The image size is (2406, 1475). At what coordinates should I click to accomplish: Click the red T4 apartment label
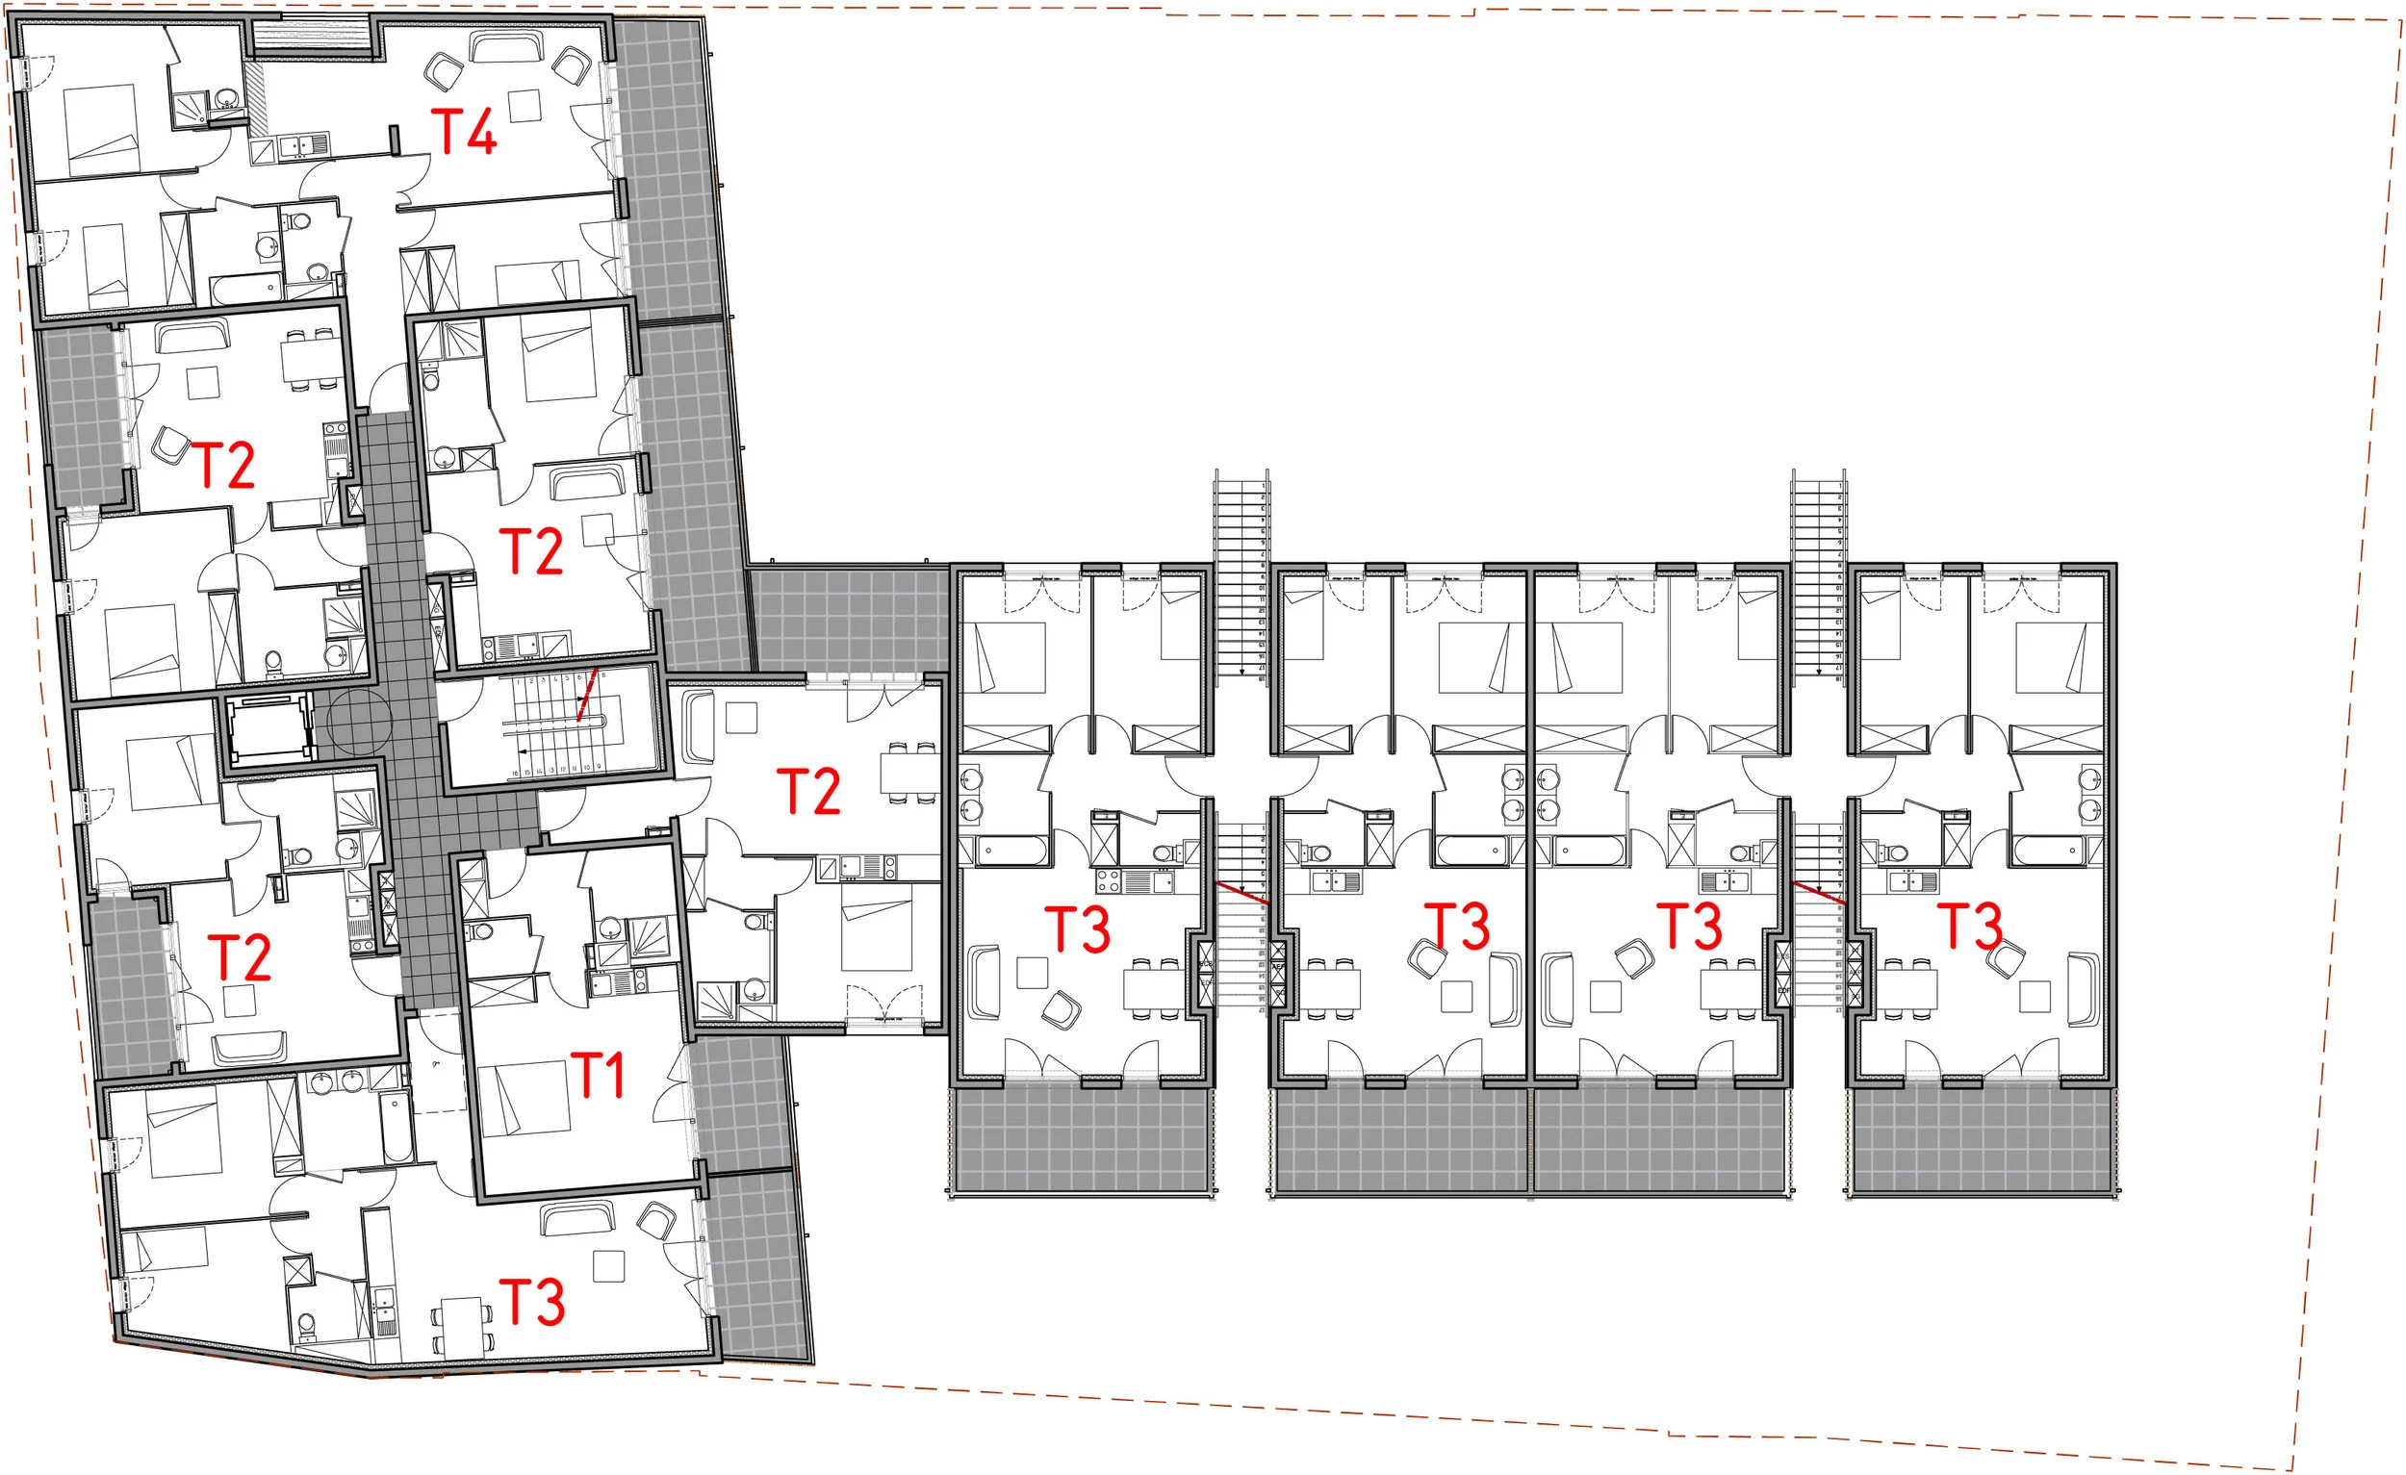point(464,132)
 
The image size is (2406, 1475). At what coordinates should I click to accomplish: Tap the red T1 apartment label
point(597,1076)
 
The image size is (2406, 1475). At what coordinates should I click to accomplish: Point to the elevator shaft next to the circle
point(266,727)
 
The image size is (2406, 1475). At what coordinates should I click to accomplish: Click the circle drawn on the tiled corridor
point(360,723)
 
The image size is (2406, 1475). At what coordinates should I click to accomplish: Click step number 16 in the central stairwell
point(516,773)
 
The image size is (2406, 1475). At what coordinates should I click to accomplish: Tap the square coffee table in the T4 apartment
point(525,106)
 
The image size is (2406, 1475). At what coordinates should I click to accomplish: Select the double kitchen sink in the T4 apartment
point(304,146)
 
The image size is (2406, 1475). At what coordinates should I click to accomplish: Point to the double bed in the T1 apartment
point(525,1098)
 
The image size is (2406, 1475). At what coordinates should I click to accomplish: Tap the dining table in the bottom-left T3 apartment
point(461,1325)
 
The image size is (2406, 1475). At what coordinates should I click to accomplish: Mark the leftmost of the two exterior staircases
point(1241,576)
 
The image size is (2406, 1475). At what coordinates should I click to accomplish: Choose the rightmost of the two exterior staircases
point(1817,576)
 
